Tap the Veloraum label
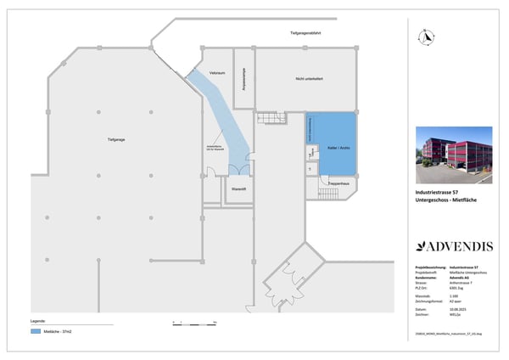point(216,74)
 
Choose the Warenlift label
point(238,188)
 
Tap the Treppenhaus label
point(341,183)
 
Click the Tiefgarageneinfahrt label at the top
point(305,33)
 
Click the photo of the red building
point(454,155)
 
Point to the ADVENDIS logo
point(454,246)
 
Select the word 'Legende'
point(37,321)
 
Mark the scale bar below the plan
point(193,323)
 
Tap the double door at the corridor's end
point(235,170)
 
